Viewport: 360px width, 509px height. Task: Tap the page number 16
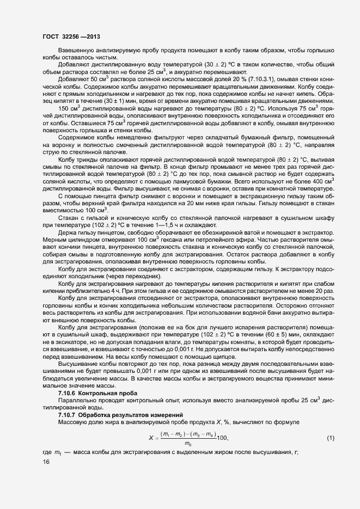(x=46, y=462)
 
